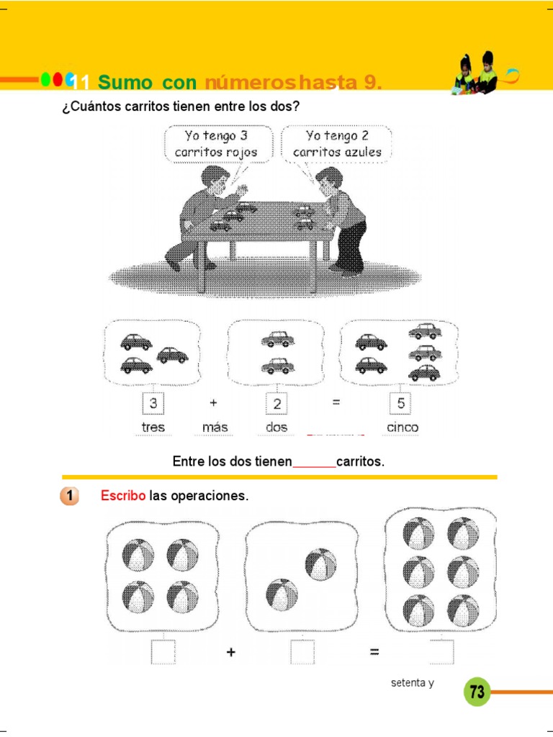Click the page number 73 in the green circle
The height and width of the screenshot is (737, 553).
[477, 692]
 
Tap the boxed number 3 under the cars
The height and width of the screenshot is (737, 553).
[153, 403]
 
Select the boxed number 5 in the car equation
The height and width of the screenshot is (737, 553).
[400, 403]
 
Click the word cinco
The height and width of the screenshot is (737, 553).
[402, 428]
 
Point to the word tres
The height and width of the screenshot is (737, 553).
[153, 428]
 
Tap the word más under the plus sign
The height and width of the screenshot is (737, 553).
[215, 428]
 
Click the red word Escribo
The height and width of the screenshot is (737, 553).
[122, 495]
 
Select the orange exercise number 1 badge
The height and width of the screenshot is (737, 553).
[69, 496]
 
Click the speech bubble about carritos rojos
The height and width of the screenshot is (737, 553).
[217, 144]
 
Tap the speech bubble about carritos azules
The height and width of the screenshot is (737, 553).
[337, 144]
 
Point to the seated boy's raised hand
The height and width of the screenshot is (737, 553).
[242, 190]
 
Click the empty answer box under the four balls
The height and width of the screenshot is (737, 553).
[163, 651]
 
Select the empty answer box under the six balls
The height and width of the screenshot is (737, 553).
[441, 651]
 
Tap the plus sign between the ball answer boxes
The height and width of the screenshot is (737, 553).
[231, 652]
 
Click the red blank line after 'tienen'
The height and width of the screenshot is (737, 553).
[315, 466]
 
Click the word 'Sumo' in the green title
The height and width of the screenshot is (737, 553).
[125, 83]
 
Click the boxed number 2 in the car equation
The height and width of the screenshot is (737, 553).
[277, 403]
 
